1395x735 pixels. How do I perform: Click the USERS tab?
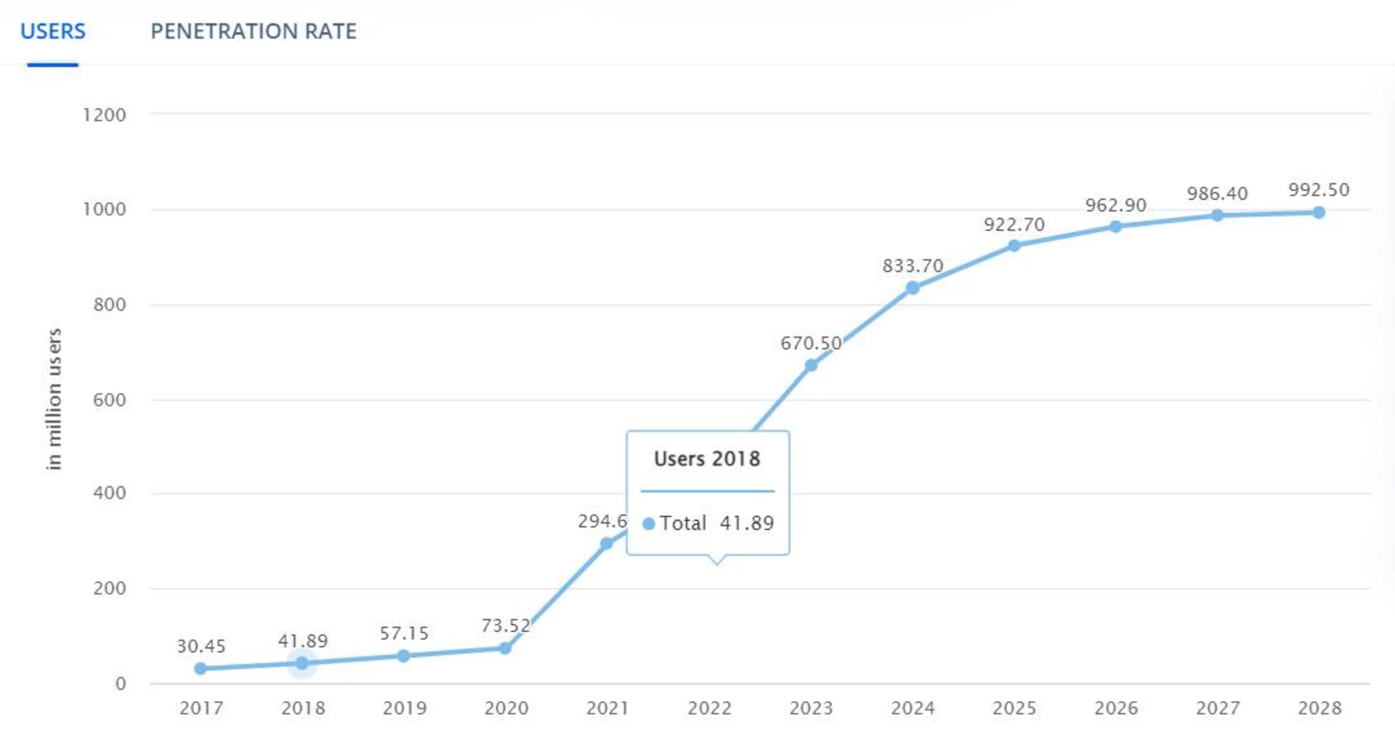coord(52,31)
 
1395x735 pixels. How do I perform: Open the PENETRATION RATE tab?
coord(253,31)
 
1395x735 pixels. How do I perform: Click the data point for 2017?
coord(201,669)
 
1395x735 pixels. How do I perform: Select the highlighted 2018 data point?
coord(302,663)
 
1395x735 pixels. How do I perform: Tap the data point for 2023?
coord(811,365)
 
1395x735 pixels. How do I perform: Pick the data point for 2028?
coord(1319,212)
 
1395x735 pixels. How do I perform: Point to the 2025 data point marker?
coord(1014,246)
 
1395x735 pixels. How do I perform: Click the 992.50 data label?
coord(1319,190)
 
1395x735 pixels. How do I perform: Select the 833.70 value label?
coord(913,266)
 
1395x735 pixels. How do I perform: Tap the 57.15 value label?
coord(404,633)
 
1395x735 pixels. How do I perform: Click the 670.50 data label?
coord(811,343)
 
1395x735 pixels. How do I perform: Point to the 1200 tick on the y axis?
coord(105,115)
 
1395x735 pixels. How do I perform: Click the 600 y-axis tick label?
coord(109,400)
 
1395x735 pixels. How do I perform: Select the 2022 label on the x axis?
coord(709,708)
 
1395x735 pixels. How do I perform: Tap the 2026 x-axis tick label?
coord(1116,708)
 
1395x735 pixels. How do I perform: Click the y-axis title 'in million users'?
coord(54,399)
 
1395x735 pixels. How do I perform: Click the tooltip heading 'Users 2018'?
coord(707,459)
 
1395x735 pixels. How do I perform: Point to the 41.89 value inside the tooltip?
coord(747,523)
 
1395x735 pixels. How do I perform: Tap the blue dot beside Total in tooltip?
coord(649,523)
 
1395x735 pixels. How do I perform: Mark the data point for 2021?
coord(607,544)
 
